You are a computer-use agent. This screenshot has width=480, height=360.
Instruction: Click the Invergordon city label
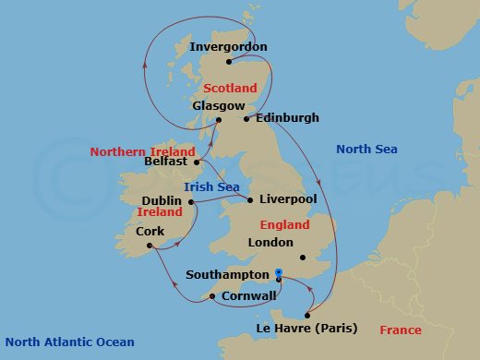pyautogui.click(x=227, y=46)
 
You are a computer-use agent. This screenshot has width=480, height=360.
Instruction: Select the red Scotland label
pyautogui.click(x=230, y=88)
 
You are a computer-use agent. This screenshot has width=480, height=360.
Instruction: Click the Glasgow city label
pyautogui.click(x=212, y=105)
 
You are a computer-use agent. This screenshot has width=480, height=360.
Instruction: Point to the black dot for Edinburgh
pyautogui.click(x=246, y=118)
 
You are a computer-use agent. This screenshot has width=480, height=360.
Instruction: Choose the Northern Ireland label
pyautogui.click(x=142, y=151)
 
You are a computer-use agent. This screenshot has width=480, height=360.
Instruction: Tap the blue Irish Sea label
pyautogui.click(x=211, y=186)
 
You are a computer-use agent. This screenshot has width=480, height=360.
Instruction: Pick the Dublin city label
pyautogui.click(x=161, y=199)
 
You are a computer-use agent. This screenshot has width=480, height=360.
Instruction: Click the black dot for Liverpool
pyautogui.click(x=250, y=198)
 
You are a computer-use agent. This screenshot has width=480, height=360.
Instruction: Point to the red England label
pyautogui.click(x=284, y=223)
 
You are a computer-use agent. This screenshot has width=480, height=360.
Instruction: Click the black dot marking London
pyautogui.click(x=302, y=258)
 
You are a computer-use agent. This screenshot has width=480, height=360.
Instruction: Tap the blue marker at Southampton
pyautogui.click(x=278, y=272)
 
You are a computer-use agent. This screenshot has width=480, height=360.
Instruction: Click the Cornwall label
pyautogui.click(x=249, y=296)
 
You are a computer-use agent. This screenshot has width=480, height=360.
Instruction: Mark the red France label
pyautogui.click(x=400, y=330)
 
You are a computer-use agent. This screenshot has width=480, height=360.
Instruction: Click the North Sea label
pyautogui.click(x=365, y=149)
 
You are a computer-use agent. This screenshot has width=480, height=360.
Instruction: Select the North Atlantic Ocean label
pyautogui.click(x=69, y=342)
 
